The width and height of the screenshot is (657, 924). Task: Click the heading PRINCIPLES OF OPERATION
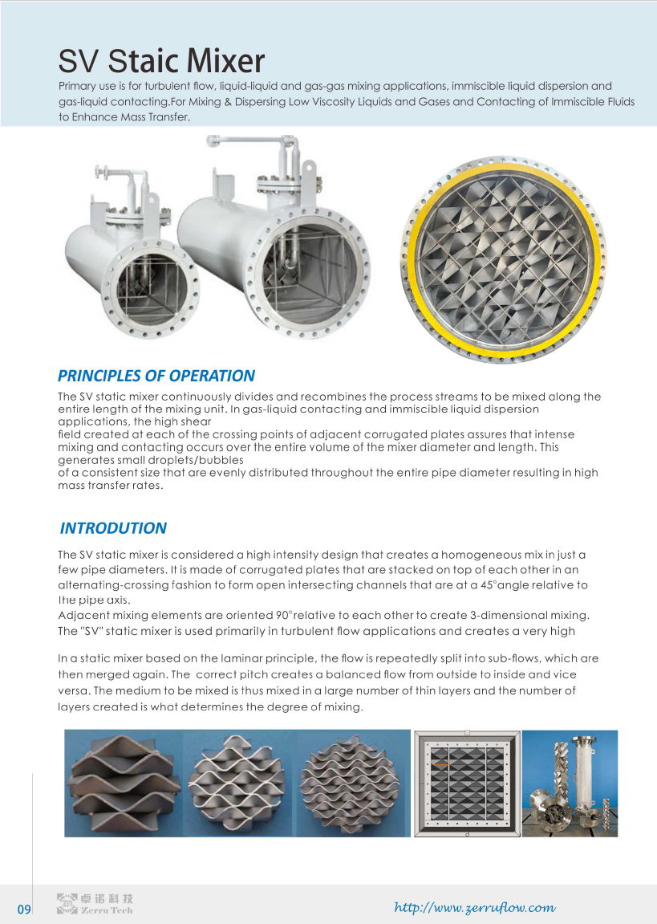click(156, 376)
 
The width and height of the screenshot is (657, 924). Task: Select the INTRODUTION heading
click(113, 528)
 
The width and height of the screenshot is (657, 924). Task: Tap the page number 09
click(24, 910)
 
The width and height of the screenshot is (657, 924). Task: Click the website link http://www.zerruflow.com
click(475, 908)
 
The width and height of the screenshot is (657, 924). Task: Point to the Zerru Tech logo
click(95, 904)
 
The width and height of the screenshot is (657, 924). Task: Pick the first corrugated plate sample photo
click(123, 784)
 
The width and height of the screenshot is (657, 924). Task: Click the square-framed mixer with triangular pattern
click(467, 784)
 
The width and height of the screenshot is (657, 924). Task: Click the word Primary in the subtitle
click(79, 86)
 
